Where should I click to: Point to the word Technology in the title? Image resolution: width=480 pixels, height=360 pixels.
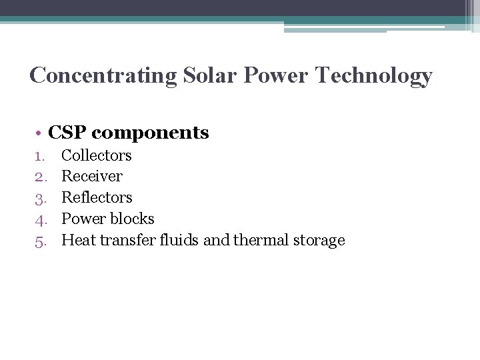[374, 76]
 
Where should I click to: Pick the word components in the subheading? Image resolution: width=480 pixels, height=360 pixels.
[150, 133]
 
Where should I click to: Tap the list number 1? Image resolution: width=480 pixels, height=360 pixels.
[39, 156]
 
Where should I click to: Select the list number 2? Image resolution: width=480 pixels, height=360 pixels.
[39, 177]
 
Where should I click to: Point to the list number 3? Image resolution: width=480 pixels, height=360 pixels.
[39, 198]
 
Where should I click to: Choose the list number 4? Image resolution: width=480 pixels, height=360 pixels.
[39, 219]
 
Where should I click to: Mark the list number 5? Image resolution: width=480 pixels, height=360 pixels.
[39, 241]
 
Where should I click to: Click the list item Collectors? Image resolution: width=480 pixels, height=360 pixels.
[97, 155]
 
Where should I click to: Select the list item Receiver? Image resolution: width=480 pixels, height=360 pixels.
[92, 177]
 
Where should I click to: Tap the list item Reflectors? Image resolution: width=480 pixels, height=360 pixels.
[97, 198]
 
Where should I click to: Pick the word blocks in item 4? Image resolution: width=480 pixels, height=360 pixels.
[133, 219]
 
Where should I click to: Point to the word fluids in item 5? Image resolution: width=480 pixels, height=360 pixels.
[179, 240]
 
